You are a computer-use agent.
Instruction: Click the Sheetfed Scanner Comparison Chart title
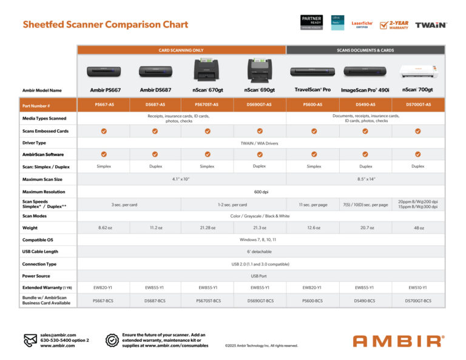(x=106, y=25)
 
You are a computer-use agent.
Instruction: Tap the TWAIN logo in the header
(x=431, y=25)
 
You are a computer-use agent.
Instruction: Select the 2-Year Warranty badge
(x=394, y=25)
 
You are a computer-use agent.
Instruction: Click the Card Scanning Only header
(x=181, y=50)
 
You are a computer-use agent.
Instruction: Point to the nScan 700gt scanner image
(x=418, y=72)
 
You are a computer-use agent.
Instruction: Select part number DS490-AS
(x=365, y=104)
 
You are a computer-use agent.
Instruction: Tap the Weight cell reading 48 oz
(x=418, y=228)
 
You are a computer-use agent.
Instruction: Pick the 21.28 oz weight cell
(x=207, y=228)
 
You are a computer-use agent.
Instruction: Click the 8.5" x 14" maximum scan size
(x=365, y=179)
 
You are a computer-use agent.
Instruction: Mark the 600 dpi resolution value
(x=260, y=192)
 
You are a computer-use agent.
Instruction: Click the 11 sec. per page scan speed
(x=314, y=205)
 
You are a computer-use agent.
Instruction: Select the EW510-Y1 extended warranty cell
(x=418, y=287)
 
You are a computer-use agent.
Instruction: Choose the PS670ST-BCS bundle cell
(x=207, y=301)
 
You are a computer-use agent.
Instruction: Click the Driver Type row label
(x=34, y=143)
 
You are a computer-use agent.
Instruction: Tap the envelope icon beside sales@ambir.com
(x=30, y=340)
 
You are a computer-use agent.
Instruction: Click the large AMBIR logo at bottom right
(x=398, y=341)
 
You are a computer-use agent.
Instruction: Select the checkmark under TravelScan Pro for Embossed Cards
(x=314, y=131)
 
